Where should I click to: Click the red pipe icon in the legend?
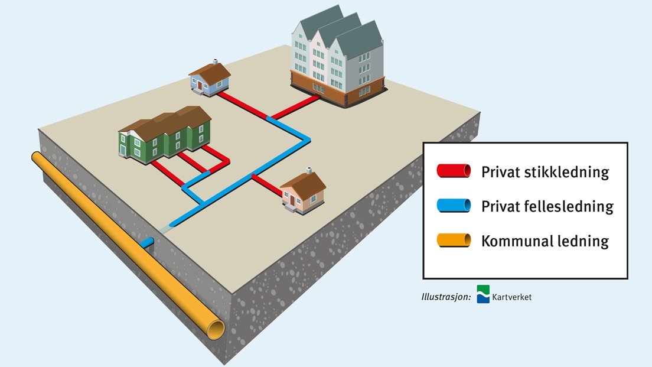[454, 171]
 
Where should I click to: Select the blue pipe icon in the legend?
[454, 206]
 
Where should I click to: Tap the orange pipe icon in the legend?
[454, 241]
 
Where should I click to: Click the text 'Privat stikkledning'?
[545, 172]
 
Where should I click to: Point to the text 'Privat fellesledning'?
[547, 206]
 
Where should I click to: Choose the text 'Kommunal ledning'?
[545, 241]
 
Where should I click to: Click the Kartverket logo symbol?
[483, 294]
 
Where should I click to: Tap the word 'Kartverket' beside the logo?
[512, 297]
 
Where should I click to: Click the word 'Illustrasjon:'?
[442, 297]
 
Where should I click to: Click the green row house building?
[166, 134]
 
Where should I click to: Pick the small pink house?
[302, 192]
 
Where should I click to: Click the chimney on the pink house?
[308, 171]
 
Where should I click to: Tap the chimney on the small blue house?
[216, 61]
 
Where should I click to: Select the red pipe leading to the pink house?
[268, 184]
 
